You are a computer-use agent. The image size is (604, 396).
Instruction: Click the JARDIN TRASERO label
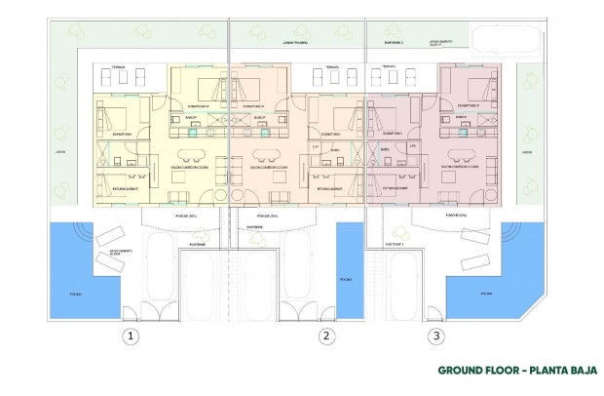coord(295,44)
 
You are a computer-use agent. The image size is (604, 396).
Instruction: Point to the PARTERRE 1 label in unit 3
coord(394,242)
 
